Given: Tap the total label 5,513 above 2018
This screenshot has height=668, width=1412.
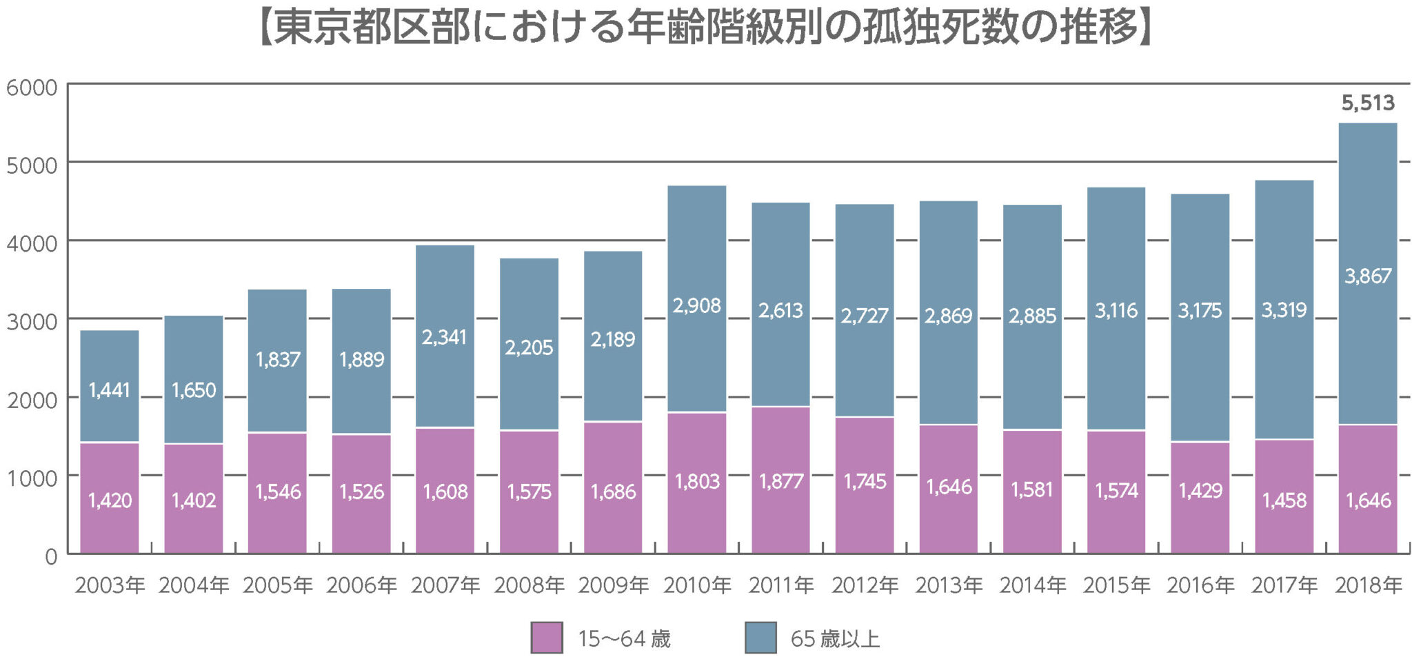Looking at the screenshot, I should coord(1368,103).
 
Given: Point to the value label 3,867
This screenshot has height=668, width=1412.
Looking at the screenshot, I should coord(1368,276).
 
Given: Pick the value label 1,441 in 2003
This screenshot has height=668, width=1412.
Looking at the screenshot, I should coord(110,391).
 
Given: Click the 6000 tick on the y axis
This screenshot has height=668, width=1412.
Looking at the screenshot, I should coord(32,88).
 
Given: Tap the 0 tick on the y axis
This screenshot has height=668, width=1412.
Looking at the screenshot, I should coord(51,556).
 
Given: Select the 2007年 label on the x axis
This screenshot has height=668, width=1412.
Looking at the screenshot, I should coord(445,586).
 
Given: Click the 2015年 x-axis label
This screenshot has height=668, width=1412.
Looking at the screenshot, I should coord(1116,586).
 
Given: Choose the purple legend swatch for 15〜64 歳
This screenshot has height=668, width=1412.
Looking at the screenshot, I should coord(547,638).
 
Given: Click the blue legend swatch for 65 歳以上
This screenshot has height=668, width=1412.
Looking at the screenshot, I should coord(760,638).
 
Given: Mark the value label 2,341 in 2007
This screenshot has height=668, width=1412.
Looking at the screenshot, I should coord(445,338).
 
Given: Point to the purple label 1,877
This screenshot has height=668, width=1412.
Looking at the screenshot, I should coord(781,481).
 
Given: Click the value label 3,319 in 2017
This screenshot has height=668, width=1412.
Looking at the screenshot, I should coord(1284,310).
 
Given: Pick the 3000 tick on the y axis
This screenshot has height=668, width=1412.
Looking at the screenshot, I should coord(32,322).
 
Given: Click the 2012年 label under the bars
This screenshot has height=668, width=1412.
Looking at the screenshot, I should coord(865,586).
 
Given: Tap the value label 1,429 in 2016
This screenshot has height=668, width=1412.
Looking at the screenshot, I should coord(1200,491).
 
